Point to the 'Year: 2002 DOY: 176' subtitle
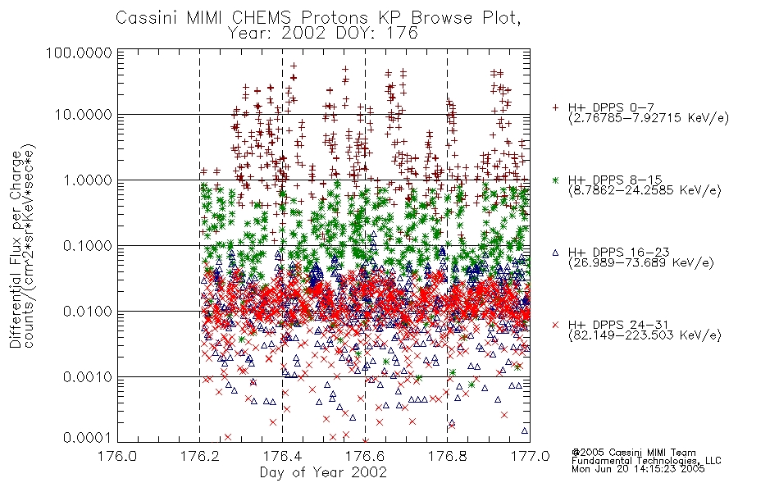point(323,34)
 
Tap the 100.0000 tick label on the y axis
point(80,52)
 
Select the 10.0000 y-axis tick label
point(84,115)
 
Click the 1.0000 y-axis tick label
point(88,180)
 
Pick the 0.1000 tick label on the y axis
point(88,246)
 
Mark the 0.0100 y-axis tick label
point(88,312)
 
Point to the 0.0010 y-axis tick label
point(88,377)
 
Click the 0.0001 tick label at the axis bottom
point(88,438)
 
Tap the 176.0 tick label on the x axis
point(117,456)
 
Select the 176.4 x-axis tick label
point(282,456)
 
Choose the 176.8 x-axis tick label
point(447,456)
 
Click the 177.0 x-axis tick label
point(530,456)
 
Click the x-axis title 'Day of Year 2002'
point(323,472)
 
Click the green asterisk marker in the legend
point(555,180)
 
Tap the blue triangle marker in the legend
point(555,253)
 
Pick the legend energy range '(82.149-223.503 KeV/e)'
point(645,335)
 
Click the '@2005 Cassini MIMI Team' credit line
point(633,453)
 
